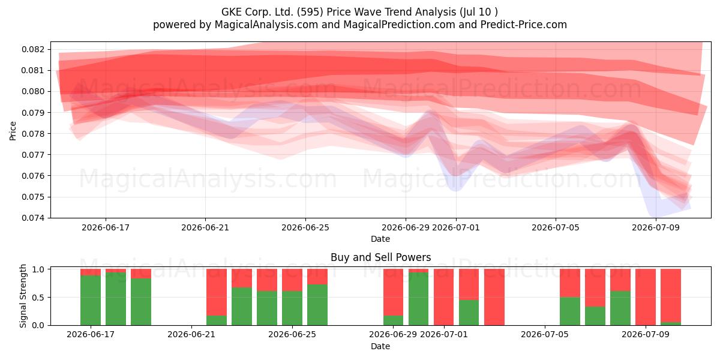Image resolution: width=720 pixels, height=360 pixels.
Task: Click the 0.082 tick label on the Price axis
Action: click(33, 49)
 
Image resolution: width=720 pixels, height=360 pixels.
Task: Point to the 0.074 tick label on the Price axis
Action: click(33, 218)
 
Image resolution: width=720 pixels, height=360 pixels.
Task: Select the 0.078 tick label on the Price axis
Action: click(33, 134)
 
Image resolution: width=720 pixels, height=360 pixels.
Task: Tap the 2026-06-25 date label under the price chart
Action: click(305, 227)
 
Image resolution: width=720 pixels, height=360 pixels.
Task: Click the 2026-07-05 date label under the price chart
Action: click(556, 227)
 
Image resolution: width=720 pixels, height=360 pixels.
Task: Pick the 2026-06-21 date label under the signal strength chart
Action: click(191, 334)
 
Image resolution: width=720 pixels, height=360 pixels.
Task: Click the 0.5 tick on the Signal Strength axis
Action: click(38, 298)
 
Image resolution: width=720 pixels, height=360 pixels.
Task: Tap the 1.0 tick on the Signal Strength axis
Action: click(38, 269)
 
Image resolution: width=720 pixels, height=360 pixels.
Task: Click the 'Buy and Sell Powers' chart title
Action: click(380, 257)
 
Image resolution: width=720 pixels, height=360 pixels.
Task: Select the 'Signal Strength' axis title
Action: click(23, 296)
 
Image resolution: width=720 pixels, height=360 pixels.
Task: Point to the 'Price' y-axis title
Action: click(13, 131)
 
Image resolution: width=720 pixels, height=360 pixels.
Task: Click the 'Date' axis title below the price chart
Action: click(380, 239)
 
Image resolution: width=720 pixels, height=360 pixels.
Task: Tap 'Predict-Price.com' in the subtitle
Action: click(524, 25)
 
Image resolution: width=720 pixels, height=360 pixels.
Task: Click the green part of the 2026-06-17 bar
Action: click(91, 301)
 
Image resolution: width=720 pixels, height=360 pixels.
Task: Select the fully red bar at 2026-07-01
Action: click(443, 297)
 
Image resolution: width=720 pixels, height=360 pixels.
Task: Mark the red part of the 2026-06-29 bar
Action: click(393, 292)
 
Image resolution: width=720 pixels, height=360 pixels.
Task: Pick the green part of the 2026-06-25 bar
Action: click(292, 308)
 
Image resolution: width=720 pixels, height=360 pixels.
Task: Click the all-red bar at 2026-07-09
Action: click(646, 297)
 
